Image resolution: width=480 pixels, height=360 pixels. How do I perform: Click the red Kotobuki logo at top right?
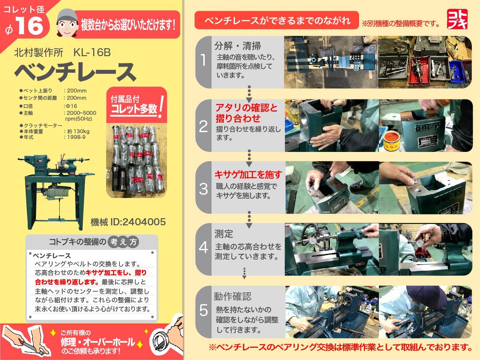click(x=457, y=19)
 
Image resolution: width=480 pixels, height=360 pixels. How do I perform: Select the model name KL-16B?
click(x=92, y=53)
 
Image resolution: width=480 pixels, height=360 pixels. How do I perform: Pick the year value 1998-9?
click(x=76, y=137)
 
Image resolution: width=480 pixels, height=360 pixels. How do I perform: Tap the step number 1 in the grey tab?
click(x=203, y=60)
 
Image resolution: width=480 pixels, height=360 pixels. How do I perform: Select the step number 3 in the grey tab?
click(x=203, y=189)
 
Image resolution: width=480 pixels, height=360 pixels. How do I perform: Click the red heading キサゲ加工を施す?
click(x=248, y=175)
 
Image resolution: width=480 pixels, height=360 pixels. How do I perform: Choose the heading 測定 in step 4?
click(x=224, y=234)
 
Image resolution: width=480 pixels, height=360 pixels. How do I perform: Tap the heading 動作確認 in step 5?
click(x=233, y=296)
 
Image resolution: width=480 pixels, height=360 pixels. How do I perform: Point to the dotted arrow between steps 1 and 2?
click(x=249, y=94)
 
